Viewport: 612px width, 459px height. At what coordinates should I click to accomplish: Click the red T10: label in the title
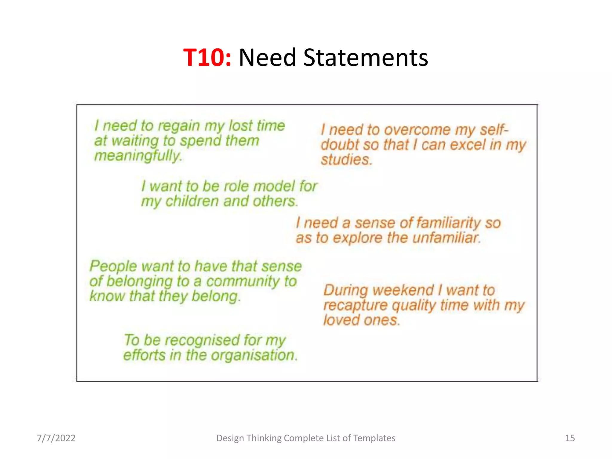pos(207,57)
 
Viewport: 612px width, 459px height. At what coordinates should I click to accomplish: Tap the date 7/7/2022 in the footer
pos(56,438)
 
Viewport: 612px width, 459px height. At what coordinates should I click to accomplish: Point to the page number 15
pos(570,438)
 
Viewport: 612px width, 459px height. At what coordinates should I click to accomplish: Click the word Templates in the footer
pos(374,438)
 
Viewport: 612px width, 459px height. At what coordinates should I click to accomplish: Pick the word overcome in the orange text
pos(417,130)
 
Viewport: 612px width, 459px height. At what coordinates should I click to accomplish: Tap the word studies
pos(346,160)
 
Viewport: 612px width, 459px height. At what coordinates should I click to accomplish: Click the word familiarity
pos(448,223)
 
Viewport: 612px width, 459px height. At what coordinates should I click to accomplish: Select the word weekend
pos(403,290)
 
